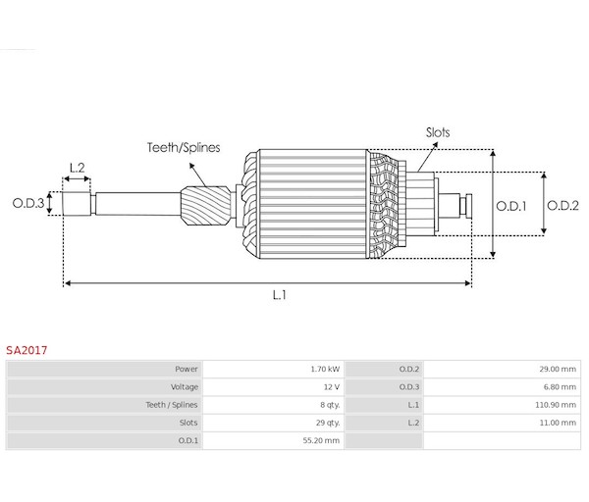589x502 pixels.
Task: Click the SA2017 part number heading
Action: click(27, 348)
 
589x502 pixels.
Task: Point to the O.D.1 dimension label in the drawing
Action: click(511, 206)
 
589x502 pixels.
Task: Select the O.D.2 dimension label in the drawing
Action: click(564, 206)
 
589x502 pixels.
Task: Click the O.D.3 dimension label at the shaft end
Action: click(27, 203)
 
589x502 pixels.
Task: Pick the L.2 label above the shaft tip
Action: click(77, 167)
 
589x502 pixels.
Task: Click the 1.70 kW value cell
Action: click(325, 370)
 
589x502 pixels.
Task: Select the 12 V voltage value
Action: click(332, 387)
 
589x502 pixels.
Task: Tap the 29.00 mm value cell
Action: click(559, 370)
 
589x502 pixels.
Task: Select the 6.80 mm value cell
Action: click(561, 387)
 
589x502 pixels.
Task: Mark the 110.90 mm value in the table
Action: click(557, 405)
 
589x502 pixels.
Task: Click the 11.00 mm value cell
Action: click(559, 423)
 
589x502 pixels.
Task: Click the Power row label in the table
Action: click(187, 370)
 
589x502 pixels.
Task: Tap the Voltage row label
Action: click(184, 387)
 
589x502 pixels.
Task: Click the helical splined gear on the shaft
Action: click(199, 206)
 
